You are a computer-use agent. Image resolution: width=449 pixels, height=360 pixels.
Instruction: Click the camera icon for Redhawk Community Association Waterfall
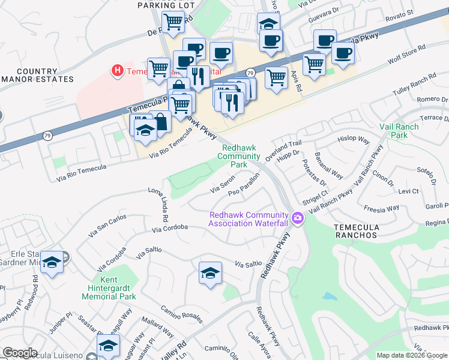[x=298, y=219]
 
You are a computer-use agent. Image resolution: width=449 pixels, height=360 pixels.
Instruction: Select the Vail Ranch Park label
[x=398, y=131]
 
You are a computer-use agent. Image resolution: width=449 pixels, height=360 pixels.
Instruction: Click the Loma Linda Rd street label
[x=161, y=206]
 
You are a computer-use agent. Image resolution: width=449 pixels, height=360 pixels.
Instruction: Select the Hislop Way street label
[x=354, y=139]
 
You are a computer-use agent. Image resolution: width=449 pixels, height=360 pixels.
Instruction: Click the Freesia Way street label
[x=381, y=208]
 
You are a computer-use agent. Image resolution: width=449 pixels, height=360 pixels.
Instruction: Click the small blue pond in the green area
[x=330, y=296]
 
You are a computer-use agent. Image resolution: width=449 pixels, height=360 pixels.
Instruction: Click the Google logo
[x=20, y=353]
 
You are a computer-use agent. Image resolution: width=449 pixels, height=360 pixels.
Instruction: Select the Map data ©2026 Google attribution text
[x=411, y=355]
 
